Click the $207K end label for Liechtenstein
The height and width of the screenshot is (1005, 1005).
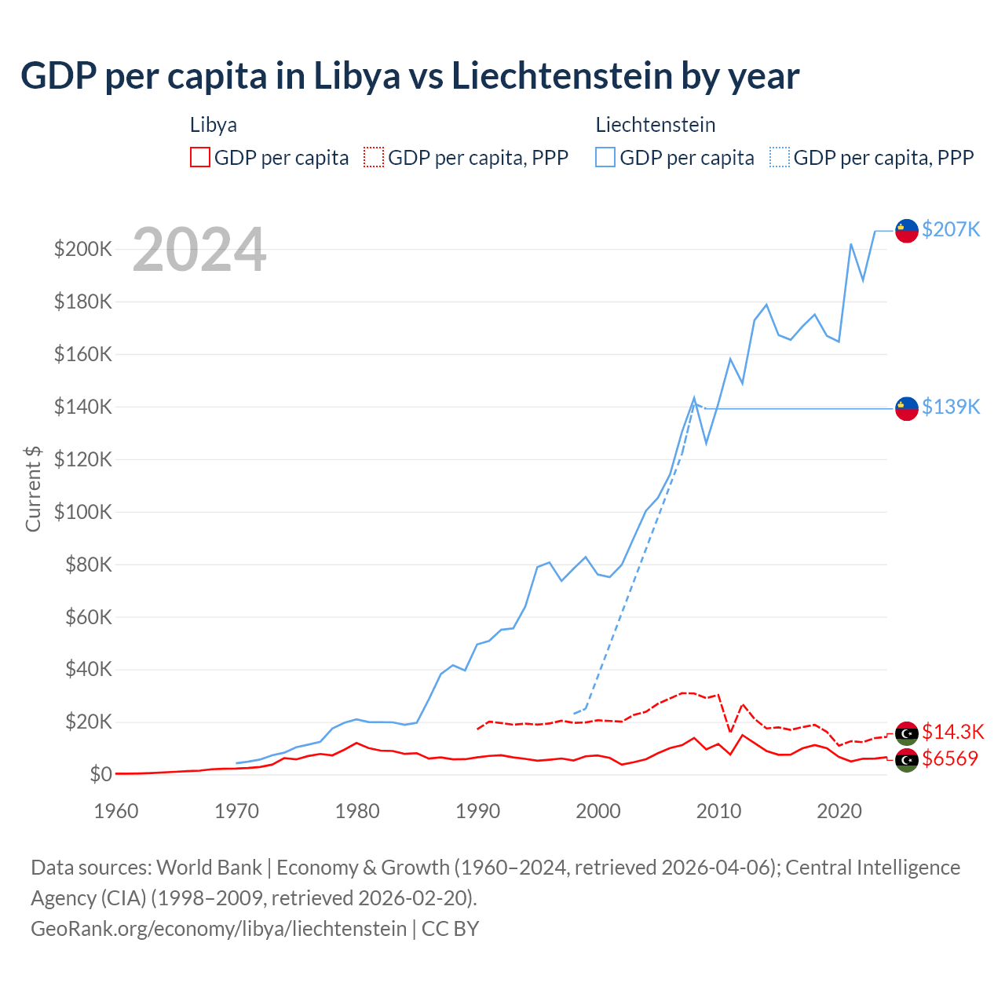click(x=951, y=229)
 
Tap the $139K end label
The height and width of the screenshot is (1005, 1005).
click(x=951, y=407)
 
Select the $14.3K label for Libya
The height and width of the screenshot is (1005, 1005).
click(x=952, y=732)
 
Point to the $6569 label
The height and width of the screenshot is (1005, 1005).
click(x=950, y=758)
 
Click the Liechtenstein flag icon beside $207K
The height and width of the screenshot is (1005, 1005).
click(x=907, y=231)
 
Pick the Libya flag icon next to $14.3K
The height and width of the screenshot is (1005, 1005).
click(x=907, y=733)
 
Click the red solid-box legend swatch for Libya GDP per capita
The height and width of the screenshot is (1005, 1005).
click(x=200, y=157)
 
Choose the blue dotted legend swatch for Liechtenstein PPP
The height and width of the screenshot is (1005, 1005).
click(x=780, y=157)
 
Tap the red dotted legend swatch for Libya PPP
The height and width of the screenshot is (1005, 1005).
click(x=374, y=157)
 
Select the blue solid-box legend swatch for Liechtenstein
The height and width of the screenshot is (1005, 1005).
click(x=605, y=157)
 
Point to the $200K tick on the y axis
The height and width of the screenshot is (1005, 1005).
click(x=83, y=250)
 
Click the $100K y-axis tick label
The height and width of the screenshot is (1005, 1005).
click(x=83, y=512)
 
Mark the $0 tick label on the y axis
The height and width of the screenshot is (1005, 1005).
click(x=100, y=775)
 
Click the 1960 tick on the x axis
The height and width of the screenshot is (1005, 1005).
click(x=116, y=811)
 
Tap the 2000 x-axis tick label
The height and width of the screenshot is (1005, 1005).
click(x=598, y=811)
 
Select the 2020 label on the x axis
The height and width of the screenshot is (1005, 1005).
click(x=839, y=811)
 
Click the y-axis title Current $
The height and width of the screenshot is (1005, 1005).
click(x=33, y=488)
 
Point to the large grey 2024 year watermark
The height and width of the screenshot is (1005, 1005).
click(x=199, y=250)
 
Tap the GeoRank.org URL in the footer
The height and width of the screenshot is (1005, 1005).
click(x=218, y=929)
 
